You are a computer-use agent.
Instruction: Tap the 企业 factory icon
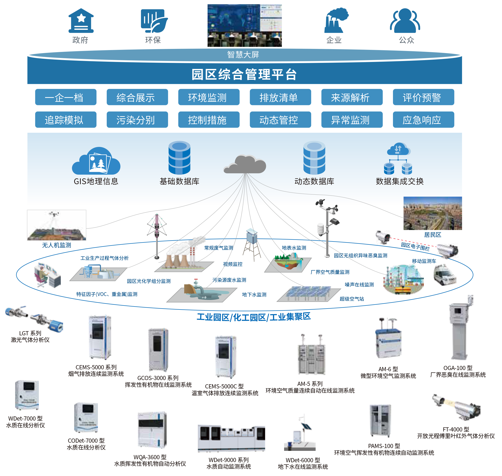(336, 21)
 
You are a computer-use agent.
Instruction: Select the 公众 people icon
(405, 21)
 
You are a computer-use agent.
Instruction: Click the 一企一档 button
(66, 97)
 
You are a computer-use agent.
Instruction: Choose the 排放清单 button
(280, 97)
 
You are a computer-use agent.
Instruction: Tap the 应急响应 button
(423, 119)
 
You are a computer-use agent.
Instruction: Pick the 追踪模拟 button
(66, 119)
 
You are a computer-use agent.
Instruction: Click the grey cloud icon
(245, 164)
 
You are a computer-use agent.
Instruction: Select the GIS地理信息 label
(96, 181)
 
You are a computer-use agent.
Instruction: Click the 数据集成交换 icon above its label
(398, 159)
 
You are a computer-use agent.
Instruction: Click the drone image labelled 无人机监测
(57, 225)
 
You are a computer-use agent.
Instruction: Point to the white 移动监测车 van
(445, 275)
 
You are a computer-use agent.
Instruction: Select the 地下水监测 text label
(254, 295)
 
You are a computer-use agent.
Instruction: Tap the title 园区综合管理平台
(244, 75)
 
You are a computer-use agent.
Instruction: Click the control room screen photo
(244, 25)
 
